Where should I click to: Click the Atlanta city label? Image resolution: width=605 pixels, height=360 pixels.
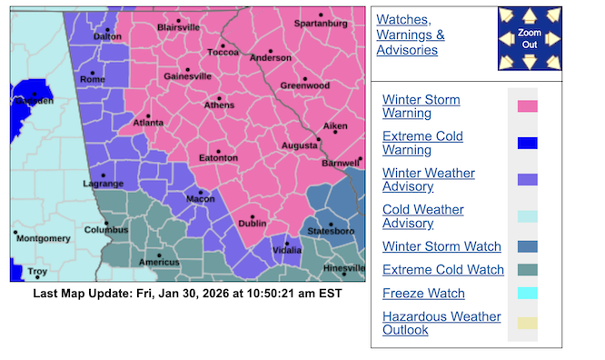(148, 121)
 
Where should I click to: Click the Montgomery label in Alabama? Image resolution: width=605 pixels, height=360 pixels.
(43, 238)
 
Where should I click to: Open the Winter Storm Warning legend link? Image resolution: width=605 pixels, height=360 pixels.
(422, 106)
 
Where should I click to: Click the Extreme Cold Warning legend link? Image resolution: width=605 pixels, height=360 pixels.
(422, 143)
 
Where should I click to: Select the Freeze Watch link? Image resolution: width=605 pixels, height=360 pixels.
(423, 294)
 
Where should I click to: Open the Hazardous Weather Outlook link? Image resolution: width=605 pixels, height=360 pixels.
(441, 323)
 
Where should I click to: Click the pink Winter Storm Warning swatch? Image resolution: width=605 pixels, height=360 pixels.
(527, 106)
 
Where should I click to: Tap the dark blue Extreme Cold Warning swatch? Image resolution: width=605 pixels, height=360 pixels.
(527, 143)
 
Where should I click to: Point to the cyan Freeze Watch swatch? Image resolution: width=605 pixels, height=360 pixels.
(527, 294)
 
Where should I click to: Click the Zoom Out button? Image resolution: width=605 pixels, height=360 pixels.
(530, 38)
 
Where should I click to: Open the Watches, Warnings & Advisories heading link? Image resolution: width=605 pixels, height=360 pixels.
(411, 35)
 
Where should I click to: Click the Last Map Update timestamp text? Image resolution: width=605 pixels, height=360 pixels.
(187, 294)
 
